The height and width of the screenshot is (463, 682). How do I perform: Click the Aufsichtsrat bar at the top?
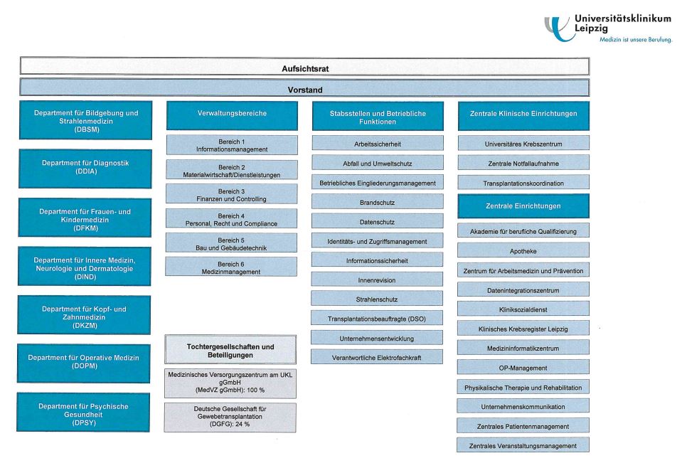click(304, 68)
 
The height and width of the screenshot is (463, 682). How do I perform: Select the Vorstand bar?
click(304, 90)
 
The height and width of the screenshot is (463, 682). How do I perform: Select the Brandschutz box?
click(378, 202)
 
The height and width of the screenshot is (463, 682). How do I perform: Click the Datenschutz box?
click(378, 221)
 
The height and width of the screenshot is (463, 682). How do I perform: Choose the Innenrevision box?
click(378, 280)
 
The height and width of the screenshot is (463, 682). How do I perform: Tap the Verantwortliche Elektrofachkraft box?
click(378, 357)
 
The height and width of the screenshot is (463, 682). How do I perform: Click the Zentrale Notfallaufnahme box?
click(523, 164)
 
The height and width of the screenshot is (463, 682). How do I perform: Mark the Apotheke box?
click(523, 251)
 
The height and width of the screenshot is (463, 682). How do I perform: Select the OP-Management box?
click(523, 368)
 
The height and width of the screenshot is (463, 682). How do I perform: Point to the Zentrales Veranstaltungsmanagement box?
click(523, 446)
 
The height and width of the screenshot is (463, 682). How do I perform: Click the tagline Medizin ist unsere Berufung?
click(635, 40)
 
